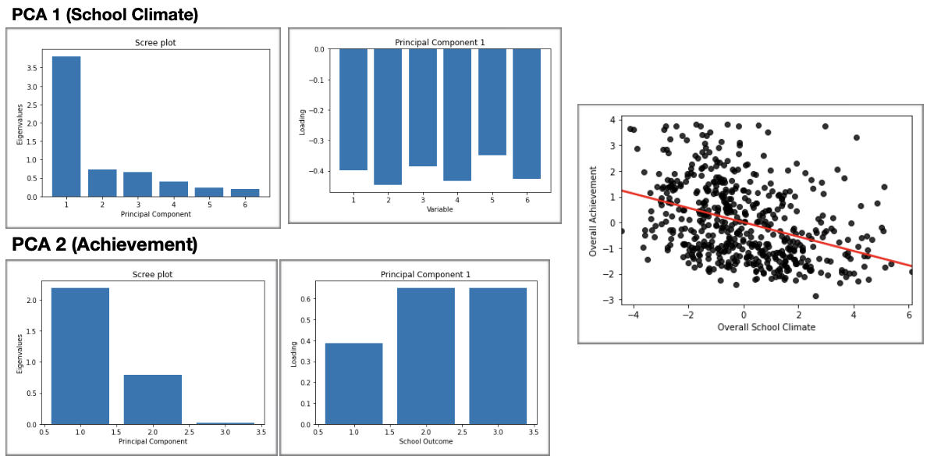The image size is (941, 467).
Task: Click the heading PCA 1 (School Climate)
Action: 105,14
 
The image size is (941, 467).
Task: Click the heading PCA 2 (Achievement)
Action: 105,244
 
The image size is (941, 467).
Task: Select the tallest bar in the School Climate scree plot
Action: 66,126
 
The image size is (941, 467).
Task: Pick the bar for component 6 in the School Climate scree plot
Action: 245,192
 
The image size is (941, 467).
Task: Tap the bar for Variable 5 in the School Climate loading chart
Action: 492,102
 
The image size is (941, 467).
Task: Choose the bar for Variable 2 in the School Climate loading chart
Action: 388,116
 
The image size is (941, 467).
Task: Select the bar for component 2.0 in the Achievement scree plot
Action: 152,399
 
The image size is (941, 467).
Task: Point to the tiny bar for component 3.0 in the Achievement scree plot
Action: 225,423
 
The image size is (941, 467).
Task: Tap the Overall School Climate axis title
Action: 766,327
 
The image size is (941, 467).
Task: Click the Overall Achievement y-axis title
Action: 594,211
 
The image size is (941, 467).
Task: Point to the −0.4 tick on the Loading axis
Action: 318,171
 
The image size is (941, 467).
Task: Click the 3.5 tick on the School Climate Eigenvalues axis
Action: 32,68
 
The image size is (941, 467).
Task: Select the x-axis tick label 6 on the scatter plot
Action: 909,315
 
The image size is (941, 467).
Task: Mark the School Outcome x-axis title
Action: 425,441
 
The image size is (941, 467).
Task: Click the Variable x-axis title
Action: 439,209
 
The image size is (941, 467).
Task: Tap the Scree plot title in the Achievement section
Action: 153,274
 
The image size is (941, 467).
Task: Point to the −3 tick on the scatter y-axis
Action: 613,300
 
